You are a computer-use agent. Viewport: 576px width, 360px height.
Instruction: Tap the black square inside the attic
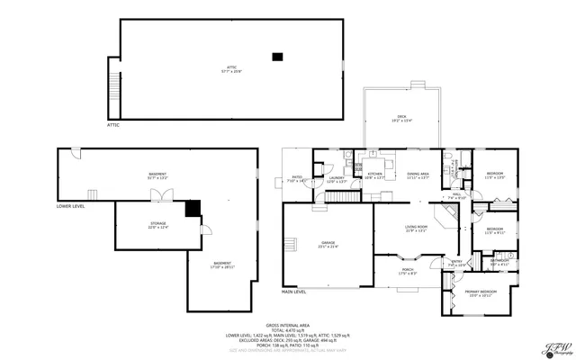coord(278,57)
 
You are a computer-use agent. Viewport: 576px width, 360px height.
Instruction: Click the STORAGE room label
coord(157,225)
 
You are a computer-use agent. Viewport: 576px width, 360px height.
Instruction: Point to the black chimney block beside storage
coord(192,209)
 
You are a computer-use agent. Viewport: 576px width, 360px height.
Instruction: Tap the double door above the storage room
coord(158,194)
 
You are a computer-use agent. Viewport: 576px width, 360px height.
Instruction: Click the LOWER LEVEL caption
coord(71,206)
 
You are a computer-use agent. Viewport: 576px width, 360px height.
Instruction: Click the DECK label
coord(402,118)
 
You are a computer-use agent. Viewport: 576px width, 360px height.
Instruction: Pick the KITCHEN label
coord(374,175)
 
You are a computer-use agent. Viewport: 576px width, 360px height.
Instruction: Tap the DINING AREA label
coord(418,175)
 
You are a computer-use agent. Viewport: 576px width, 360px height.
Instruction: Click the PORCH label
coord(408,272)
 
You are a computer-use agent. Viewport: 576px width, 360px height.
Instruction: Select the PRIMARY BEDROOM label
coord(480,293)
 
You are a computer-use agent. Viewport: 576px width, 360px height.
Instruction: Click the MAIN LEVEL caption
coord(294,292)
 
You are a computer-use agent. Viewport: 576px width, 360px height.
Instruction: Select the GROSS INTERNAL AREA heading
coord(287,325)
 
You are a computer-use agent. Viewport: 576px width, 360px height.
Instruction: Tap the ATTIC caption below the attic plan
coord(113,125)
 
